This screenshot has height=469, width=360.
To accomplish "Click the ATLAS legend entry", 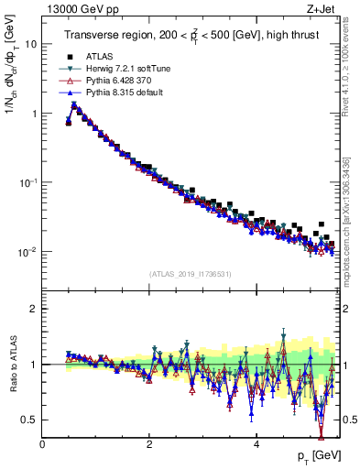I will pyautogui.click(x=99, y=56).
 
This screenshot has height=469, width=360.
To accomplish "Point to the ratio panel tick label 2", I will pyautogui.click(x=34, y=309).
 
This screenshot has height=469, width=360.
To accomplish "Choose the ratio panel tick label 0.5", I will pyautogui.click(x=30, y=420).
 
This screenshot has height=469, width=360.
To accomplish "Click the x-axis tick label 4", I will pyautogui.click(x=256, y=444).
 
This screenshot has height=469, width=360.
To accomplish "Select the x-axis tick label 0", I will pyautogui.click(x=42, y=444).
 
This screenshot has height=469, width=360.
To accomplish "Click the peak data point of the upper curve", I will pyautogui.click(x=74, y=104).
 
